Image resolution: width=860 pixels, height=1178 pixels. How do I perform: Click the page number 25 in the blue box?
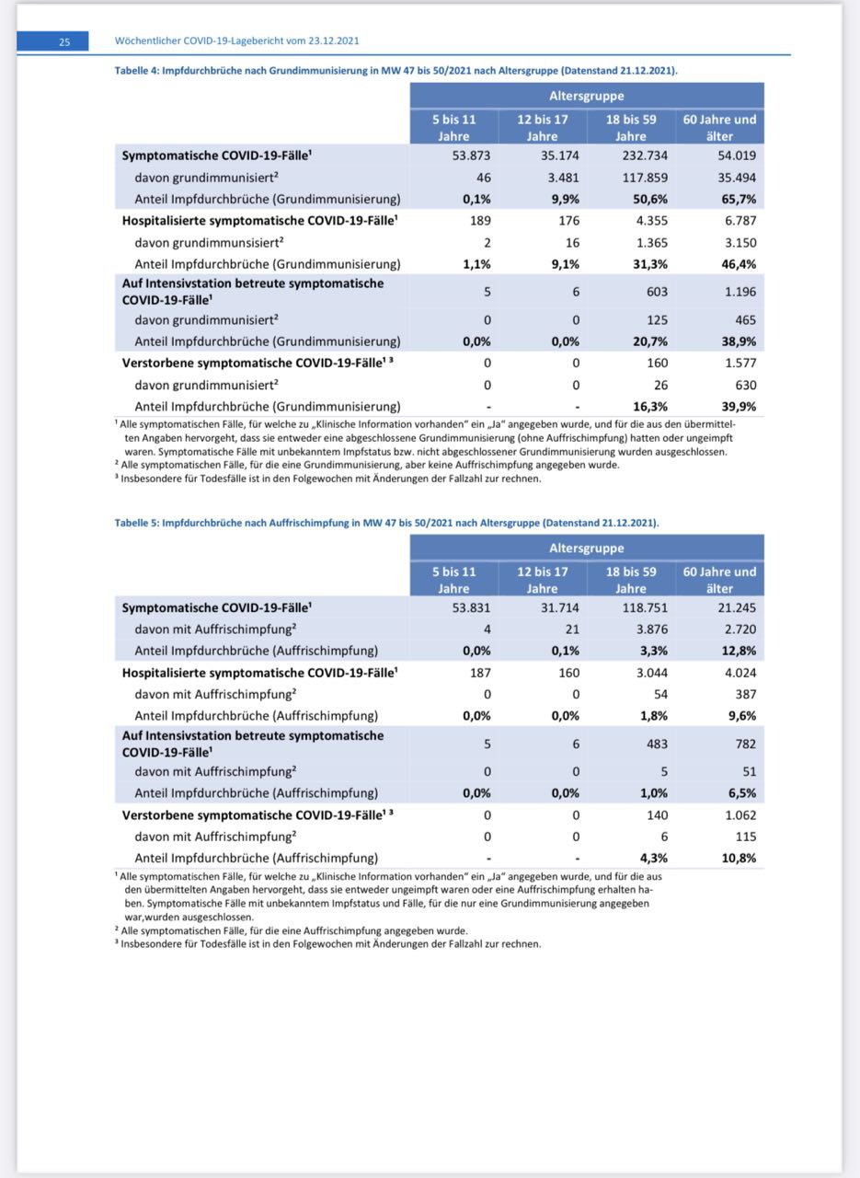tap(64, 41)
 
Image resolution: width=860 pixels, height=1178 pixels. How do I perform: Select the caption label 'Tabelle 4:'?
tap(136, 70)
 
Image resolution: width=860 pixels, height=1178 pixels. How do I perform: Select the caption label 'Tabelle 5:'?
tap(136, 522)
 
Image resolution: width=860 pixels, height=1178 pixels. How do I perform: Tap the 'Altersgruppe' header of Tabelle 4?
tap(586, 96)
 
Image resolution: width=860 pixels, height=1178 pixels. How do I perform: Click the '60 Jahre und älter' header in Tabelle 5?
tap(719, 580)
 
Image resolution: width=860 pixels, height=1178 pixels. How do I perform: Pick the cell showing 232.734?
tap(644, 156)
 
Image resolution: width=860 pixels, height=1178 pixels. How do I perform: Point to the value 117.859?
tap(644, 178)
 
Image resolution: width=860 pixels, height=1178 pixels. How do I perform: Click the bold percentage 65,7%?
tap(737, 200)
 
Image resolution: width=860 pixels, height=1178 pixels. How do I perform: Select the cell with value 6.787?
tap(740, 221)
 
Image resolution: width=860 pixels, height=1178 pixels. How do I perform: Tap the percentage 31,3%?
tap(649, 265)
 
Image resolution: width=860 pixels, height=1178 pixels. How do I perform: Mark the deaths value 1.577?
tap(740, 363)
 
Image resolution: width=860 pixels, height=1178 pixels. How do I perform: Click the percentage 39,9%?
tap(737, 407)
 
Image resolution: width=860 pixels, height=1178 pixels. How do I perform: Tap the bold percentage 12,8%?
tap(737, 652)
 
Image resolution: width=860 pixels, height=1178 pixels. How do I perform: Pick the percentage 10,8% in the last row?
tap(737, 859)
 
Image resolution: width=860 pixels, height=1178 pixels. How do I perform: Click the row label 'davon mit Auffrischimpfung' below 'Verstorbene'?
tap(215, 837)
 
